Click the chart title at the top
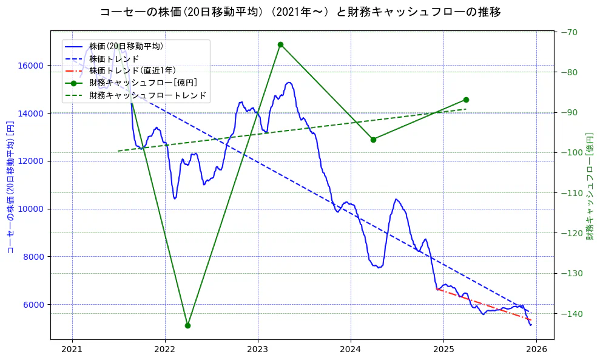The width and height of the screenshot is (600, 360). pos(300,12)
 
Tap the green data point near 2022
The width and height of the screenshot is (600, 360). pos(187,325)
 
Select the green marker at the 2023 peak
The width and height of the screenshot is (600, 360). pos(280,44)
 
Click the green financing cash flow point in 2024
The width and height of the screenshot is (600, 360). pos(373,140)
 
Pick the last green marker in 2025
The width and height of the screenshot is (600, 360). pos(466,100)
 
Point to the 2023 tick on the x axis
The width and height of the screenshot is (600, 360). pos(258,350)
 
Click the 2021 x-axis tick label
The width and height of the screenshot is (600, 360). pos(72,350)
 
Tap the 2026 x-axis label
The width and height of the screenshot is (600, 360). pos(536,350)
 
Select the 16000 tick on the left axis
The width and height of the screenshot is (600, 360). pos(34,66)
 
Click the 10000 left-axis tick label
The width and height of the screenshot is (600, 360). pos(34,209)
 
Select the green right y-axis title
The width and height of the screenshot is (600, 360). pos(590,186)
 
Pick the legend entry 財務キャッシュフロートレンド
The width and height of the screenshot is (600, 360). pos(147,95)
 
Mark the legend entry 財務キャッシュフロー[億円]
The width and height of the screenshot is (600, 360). pos(143,83)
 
